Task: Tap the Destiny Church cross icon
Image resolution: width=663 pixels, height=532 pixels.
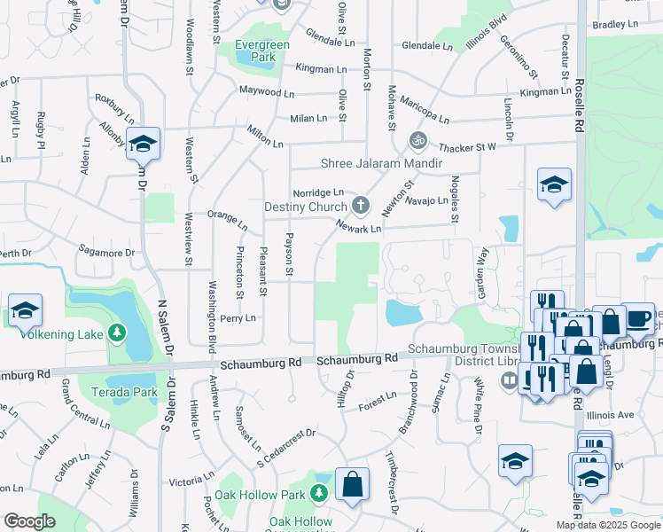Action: pos(360,207)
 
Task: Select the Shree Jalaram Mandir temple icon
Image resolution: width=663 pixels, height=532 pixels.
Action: pos(417,140)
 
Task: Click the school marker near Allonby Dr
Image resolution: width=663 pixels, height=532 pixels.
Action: pos(143,144)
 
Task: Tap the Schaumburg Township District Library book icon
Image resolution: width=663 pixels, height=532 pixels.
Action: pos(509,381)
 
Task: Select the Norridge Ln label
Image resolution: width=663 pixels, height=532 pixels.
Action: pos(318,192)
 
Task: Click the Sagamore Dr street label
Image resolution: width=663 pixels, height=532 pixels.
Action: pos(106,253)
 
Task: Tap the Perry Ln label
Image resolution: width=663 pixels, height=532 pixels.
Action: pos(238,317)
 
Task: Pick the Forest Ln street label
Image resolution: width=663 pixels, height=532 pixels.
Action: pos(378,403)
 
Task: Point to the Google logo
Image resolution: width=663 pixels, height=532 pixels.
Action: pos(29,521)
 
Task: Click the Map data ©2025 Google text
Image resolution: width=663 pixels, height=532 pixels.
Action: pos(607,525)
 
